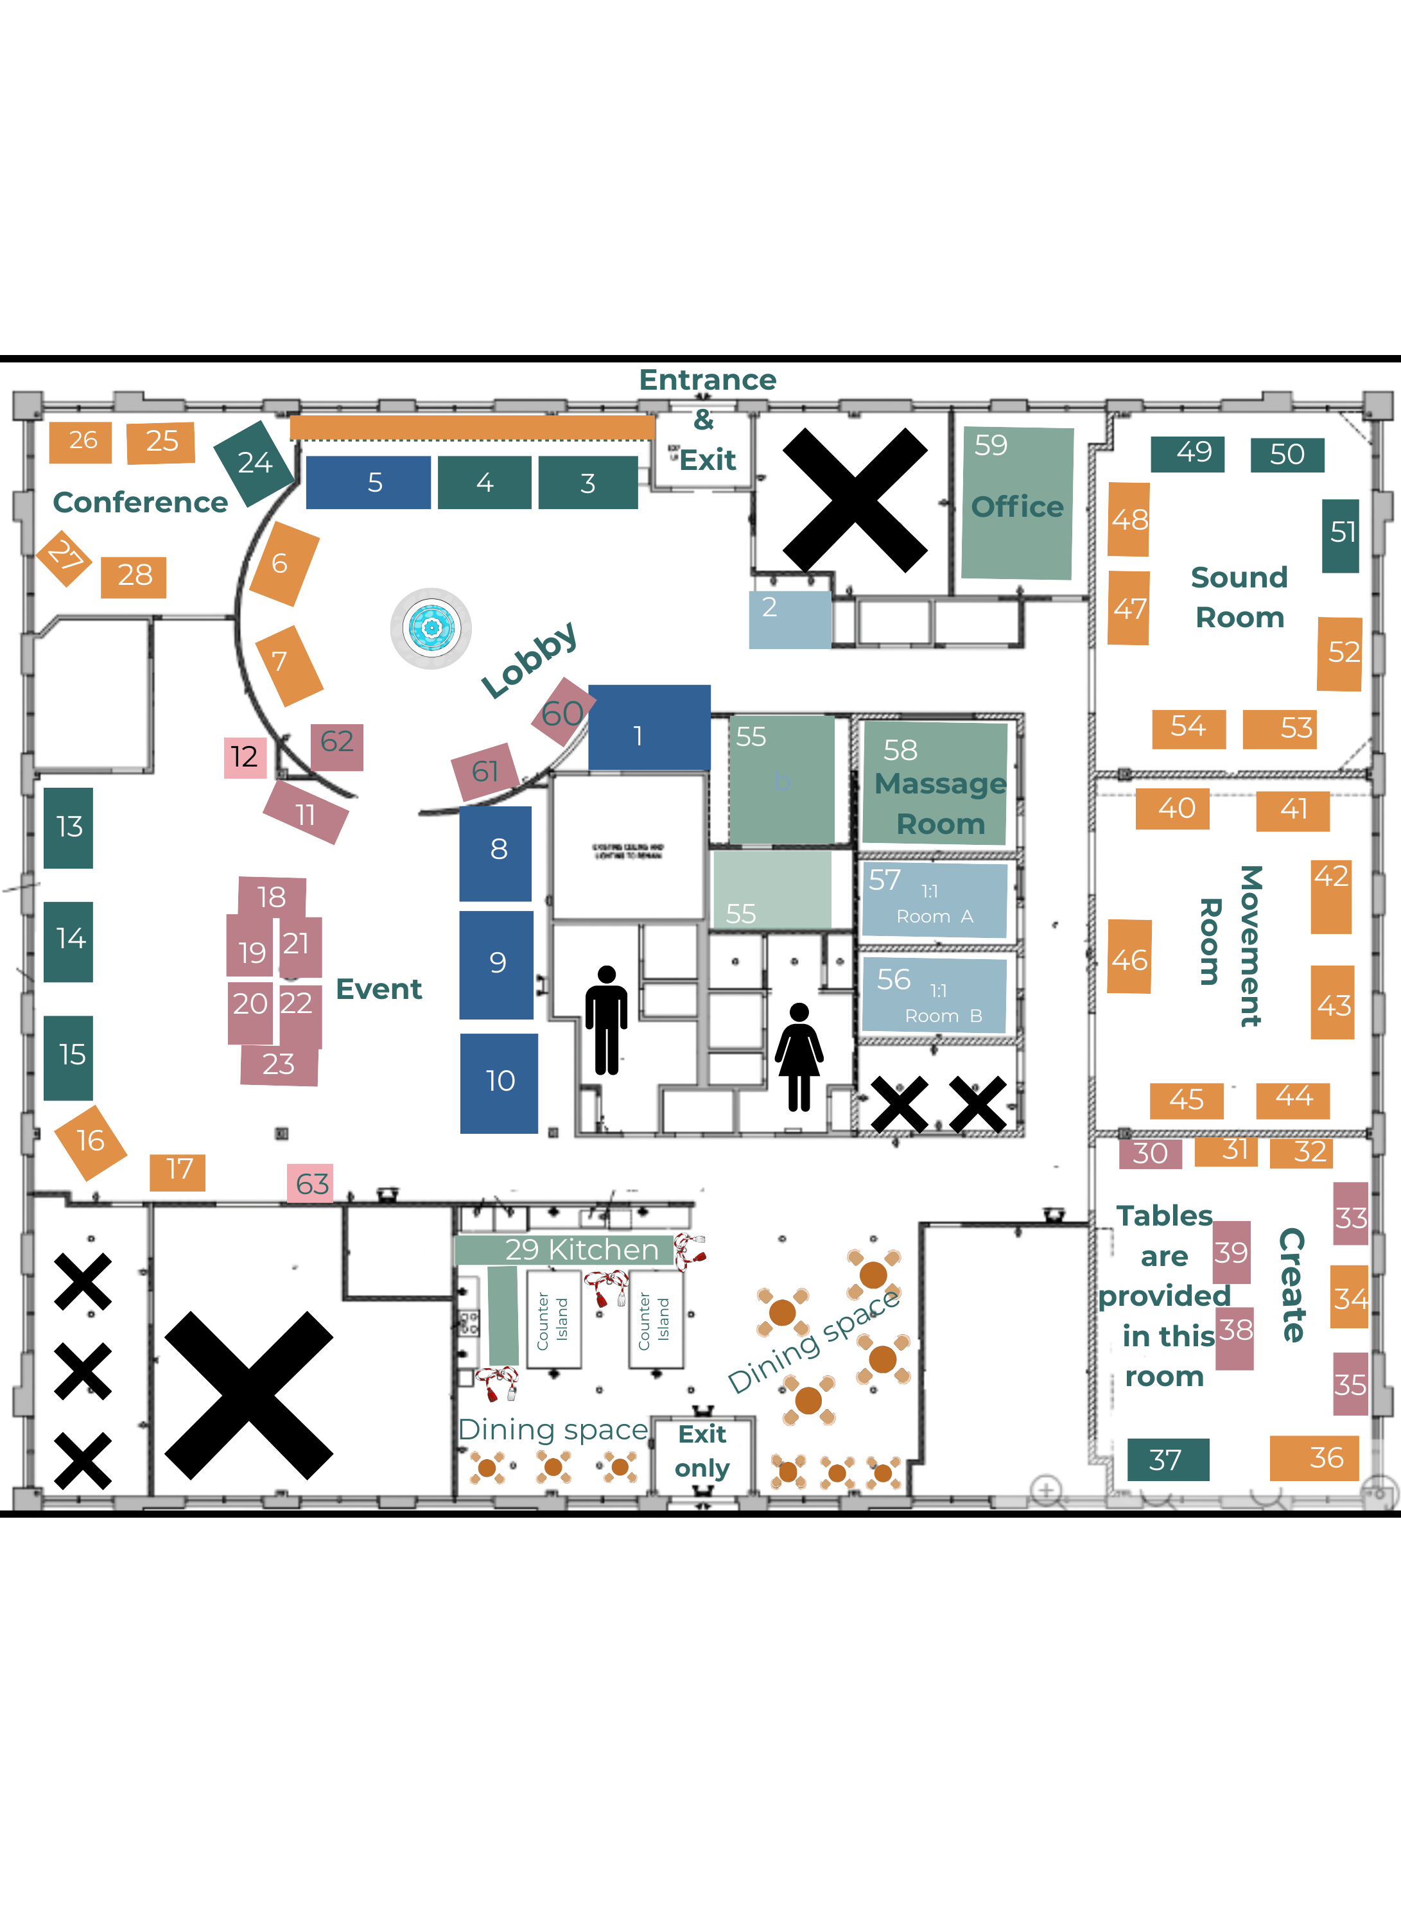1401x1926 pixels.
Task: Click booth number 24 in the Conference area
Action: pos(254,463)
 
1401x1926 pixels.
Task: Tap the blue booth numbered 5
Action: pos(368,482)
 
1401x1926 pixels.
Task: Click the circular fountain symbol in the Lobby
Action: pos(431,629)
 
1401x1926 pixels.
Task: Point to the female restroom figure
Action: pos(799,1057)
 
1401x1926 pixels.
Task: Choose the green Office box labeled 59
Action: pos(1016,503)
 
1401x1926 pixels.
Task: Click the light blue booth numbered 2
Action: pos(789,619)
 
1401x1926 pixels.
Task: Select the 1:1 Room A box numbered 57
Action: pos(934,899)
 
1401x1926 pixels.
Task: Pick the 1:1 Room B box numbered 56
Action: pos(934,994)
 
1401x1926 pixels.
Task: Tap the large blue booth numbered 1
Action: pos(648,728)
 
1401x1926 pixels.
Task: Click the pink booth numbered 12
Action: pos(245,757)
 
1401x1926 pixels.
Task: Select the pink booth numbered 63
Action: pos(310,1183)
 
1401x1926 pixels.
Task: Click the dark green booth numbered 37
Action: pos(1167,1459)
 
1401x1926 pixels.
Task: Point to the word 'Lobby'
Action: pos(528,660)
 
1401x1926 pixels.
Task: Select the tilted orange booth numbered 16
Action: pos(90,1141)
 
